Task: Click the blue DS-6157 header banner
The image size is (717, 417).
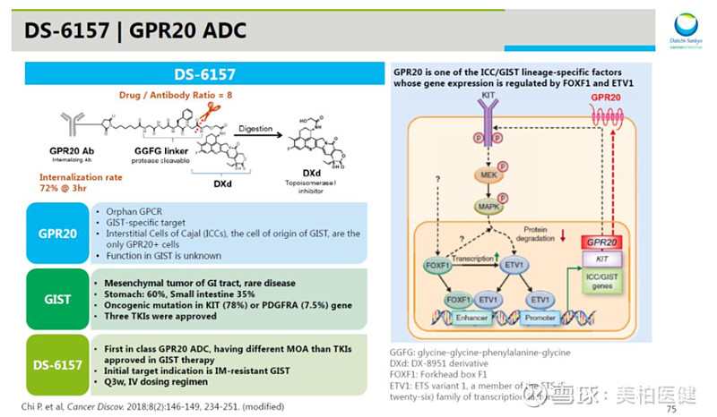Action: [203, 74]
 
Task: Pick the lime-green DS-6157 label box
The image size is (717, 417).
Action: [57, 365]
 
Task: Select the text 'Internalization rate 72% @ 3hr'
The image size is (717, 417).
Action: [81, 183]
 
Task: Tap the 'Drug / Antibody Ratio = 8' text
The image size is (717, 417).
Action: [170, 94]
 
